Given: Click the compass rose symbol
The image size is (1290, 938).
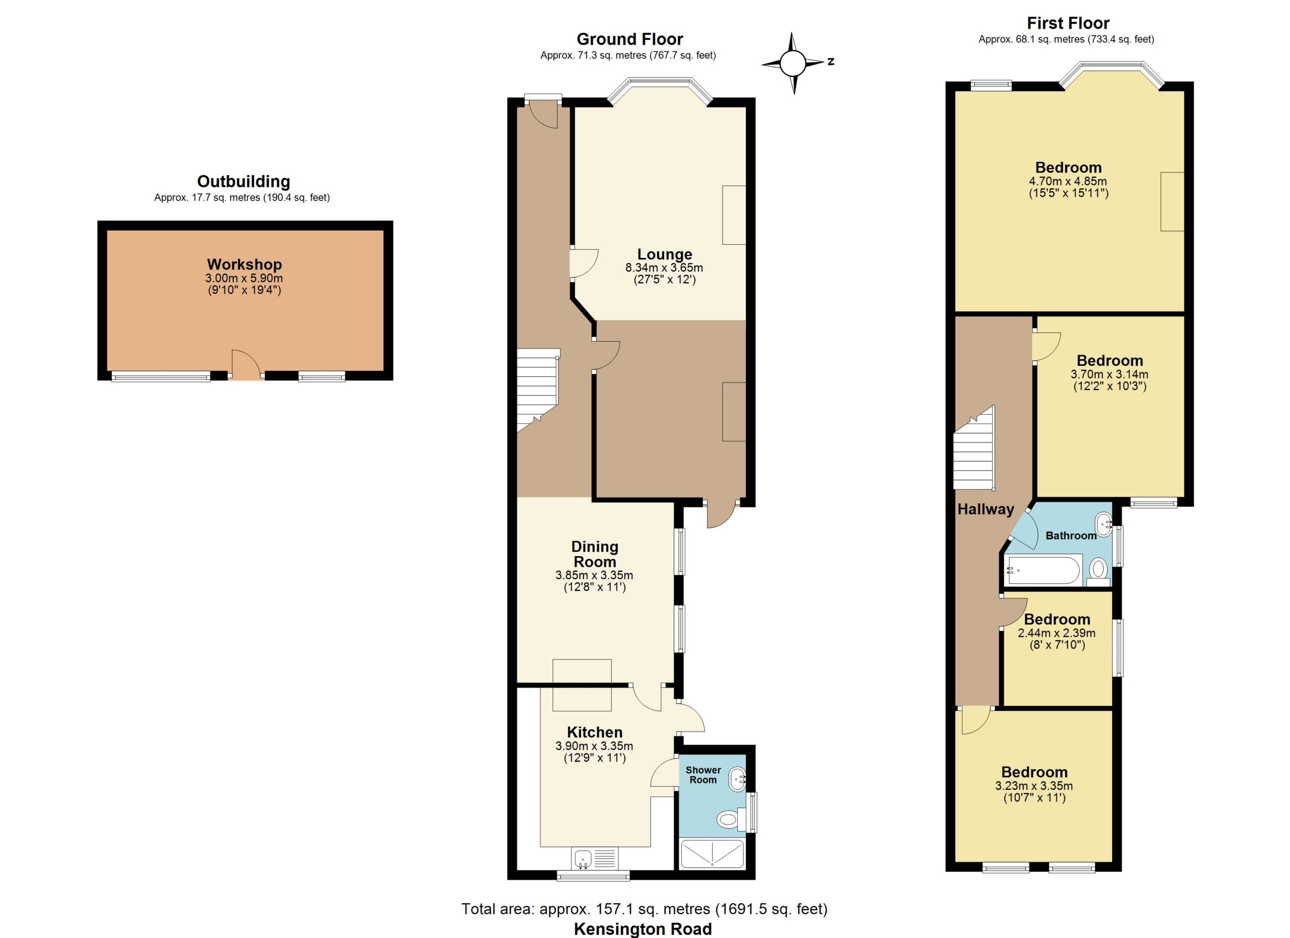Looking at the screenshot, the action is pos(793,63).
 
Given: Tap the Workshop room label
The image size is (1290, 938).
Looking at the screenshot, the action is pos(244,264).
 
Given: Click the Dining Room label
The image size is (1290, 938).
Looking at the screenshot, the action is pos(595,554).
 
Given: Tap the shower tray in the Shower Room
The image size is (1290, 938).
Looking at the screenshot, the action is pos(712,854).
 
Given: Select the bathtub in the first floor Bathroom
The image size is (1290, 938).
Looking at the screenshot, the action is pos(1043,570).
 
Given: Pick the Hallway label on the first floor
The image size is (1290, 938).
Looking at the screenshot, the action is pos(985,509).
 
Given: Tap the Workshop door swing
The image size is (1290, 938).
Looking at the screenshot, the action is pos(246,364).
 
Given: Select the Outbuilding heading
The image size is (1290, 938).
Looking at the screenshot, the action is pos(243,181).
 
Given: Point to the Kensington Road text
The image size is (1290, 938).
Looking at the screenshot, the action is pos(642,929).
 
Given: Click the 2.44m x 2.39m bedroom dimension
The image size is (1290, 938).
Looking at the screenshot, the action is pos(1056,633).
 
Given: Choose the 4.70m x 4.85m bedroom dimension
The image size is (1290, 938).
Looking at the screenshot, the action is pos(1068,181).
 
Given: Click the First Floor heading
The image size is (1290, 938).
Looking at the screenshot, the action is pos(1068,23).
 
